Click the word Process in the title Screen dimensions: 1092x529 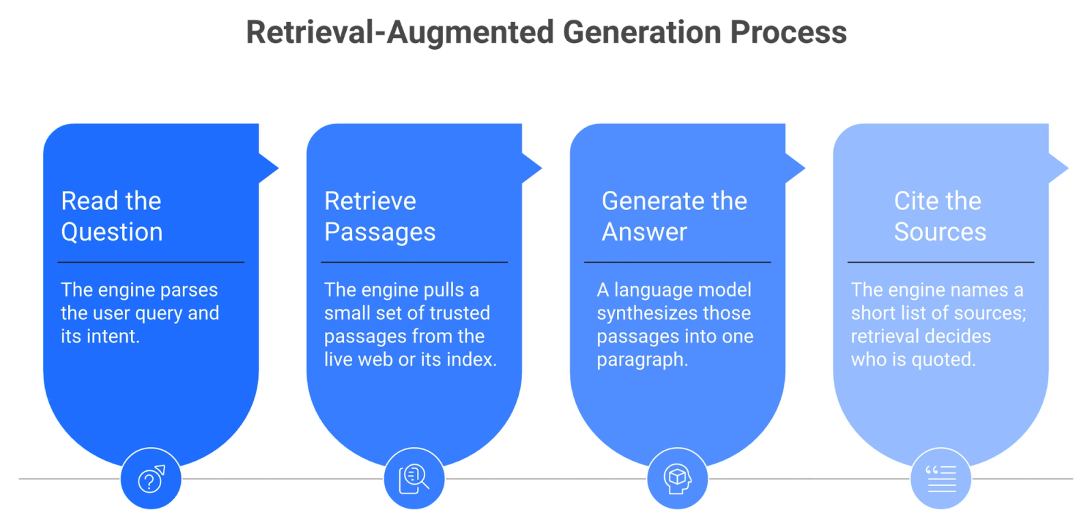coord(788,32)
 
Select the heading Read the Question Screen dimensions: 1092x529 coord(112,216)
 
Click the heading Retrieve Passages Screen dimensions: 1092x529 coord(379,216)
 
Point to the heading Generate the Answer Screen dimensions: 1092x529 coord(674,216)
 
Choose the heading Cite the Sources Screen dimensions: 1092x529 coord(940,216)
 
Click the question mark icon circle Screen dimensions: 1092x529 coord(151,479)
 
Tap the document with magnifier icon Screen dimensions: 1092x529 coord(414,479)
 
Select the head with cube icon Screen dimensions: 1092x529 coord(678,479)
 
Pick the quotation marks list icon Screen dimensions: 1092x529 coord(941,479)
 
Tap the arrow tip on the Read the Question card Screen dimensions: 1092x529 coord(278,168)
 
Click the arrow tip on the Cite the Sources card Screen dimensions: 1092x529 coord(1067,168)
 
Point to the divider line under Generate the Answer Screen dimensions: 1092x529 coord(678,262)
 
